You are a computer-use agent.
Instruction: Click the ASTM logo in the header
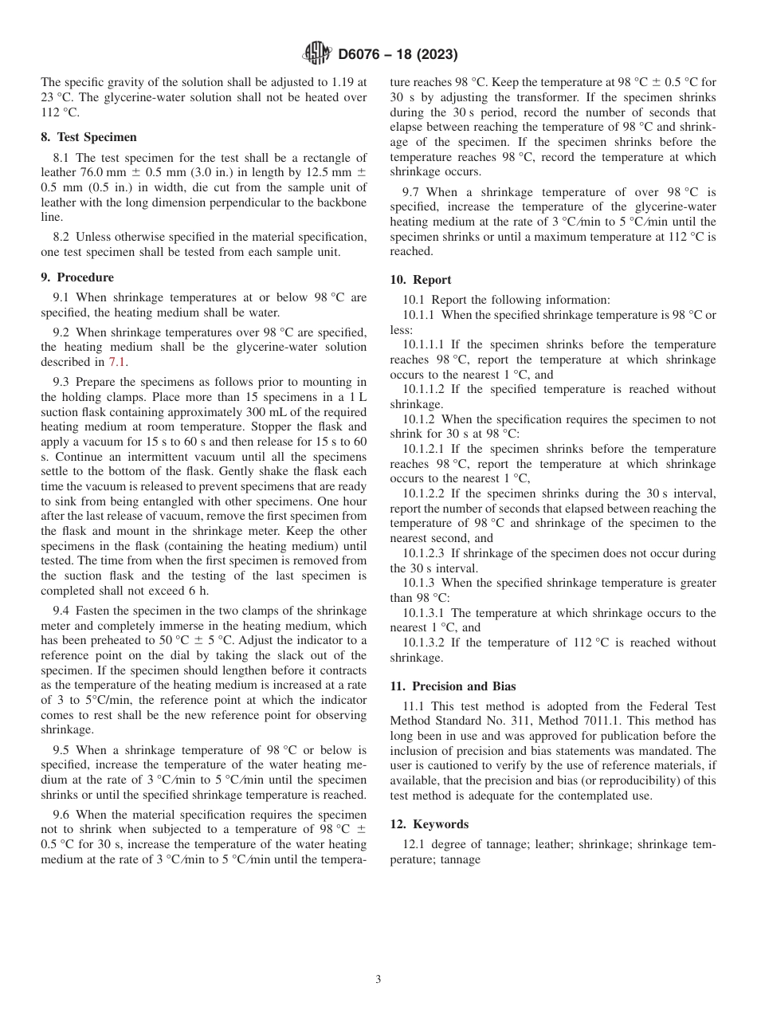point(316,54)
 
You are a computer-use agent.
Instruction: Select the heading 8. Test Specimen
point(88,137)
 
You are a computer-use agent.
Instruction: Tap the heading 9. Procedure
point(77,277)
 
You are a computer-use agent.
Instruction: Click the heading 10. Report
point(421,280)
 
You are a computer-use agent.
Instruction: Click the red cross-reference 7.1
point(117,362)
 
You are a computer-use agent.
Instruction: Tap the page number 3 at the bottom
point(378,979)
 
